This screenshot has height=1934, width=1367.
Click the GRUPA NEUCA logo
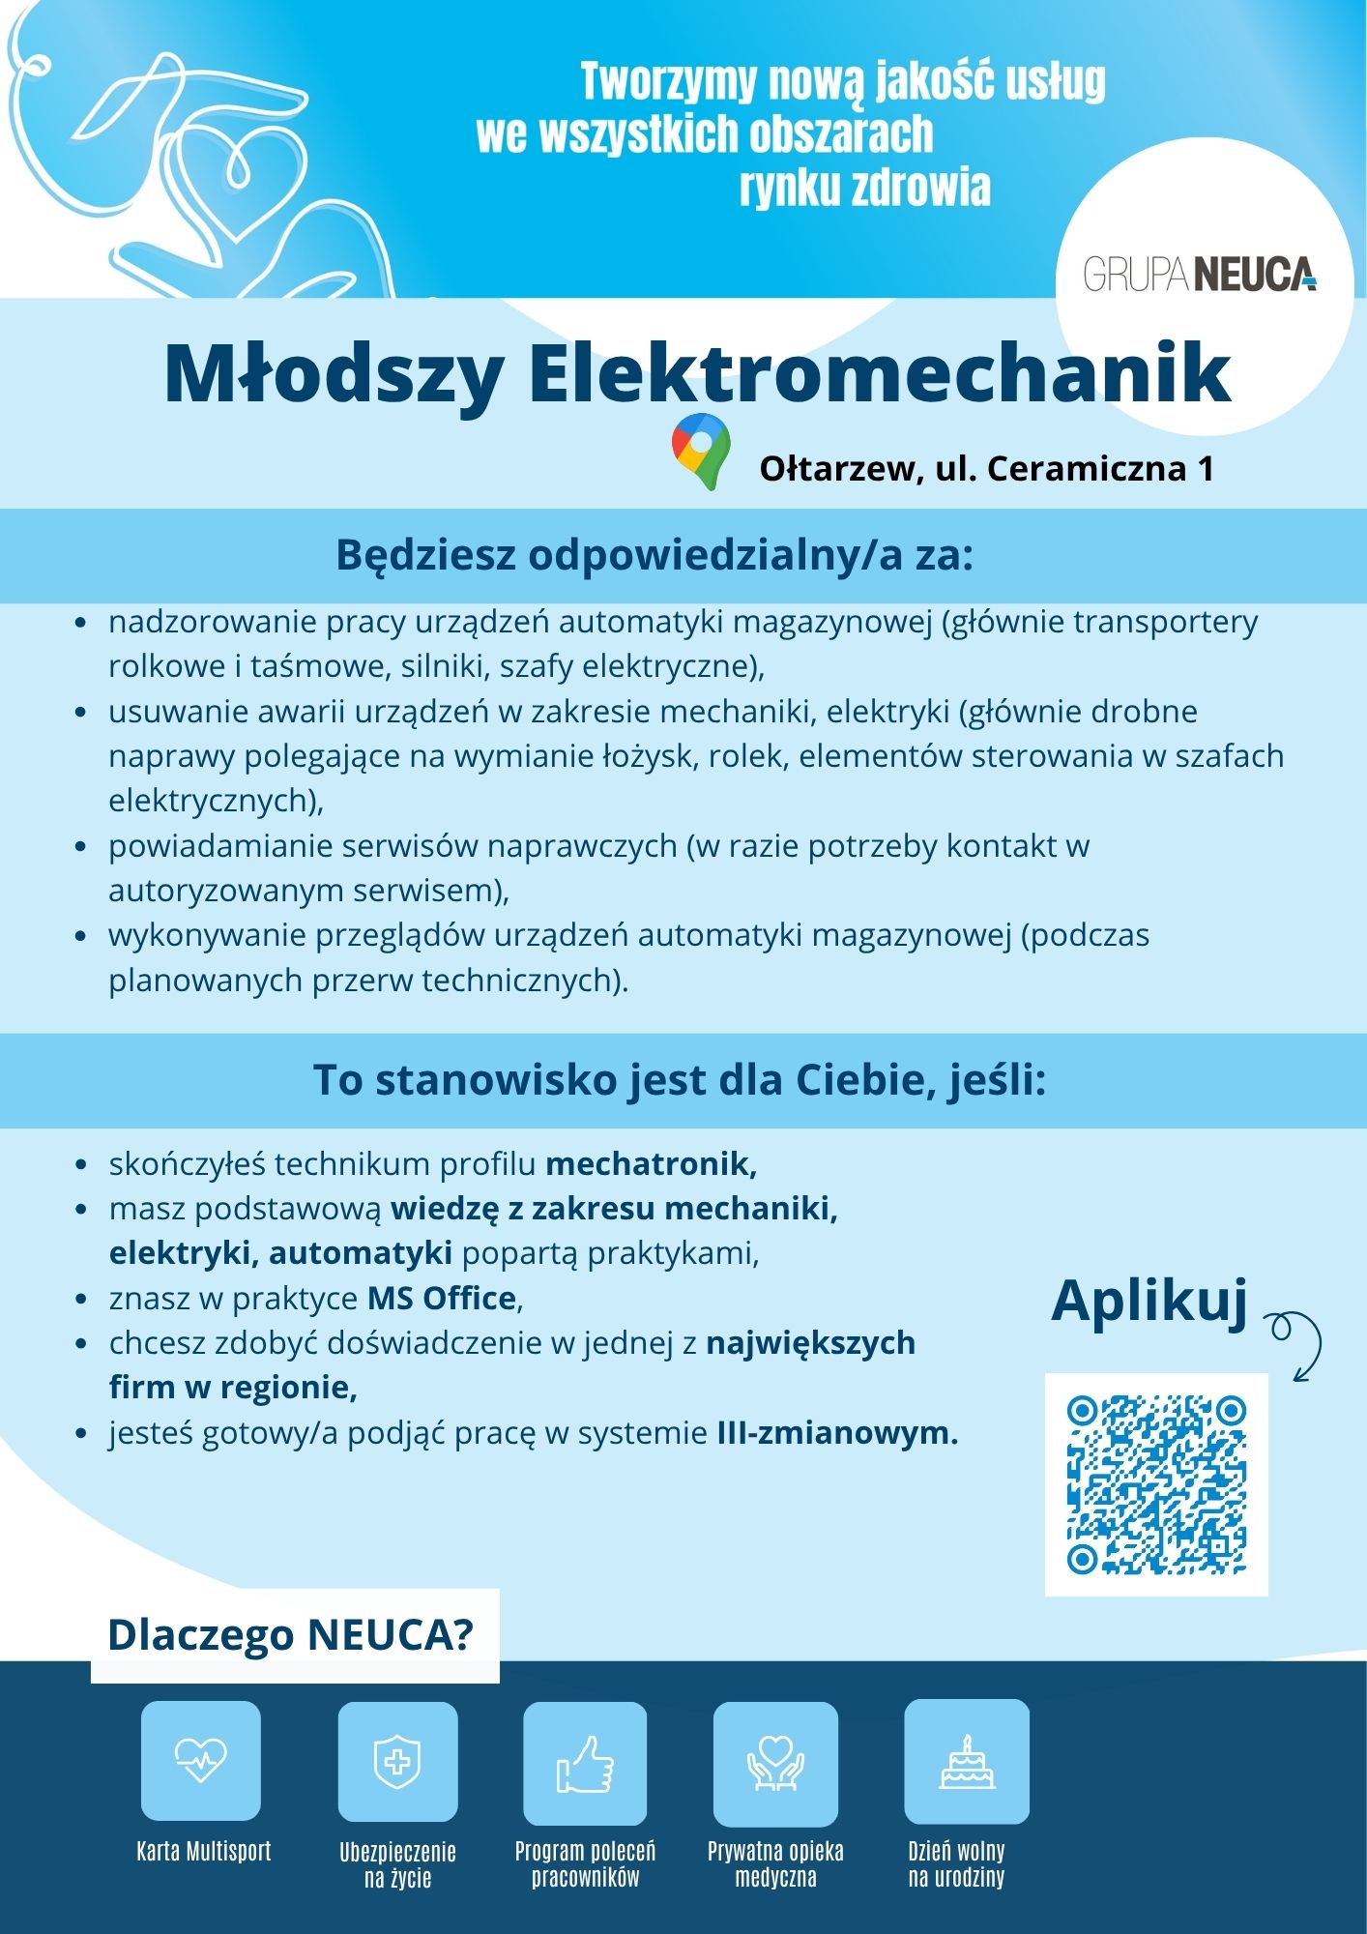pos(1200,275)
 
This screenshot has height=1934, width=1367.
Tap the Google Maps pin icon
pos(701,451)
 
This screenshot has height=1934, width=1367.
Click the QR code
pos(1156,1483)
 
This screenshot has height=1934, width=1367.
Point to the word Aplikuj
pos(1149,1301)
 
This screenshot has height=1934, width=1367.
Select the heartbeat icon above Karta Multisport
pos(201,1760)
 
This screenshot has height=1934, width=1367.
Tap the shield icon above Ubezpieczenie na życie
pos(397,1761)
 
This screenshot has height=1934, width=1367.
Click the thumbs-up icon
pos(585,1763)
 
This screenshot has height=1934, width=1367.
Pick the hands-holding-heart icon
pos(775,1763)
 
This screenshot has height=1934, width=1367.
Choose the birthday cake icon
pos(967,1761)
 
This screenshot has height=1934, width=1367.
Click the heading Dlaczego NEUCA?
pos(291,1635)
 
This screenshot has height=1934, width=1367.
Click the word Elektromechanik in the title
pos(879,373)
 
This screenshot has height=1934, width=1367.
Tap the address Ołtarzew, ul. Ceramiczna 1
pos(986,469)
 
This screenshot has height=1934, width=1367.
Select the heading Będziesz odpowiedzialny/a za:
pos(654,555)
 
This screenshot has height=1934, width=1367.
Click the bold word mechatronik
pos(651,1163)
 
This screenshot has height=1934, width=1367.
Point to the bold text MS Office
pos(443,1298)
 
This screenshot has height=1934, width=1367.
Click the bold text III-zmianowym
pos(837,1432)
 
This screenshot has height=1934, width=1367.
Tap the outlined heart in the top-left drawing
pos(233,184)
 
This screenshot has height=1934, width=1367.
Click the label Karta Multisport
pos(203,1851)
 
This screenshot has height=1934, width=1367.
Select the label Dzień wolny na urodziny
pos(956,1864)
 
